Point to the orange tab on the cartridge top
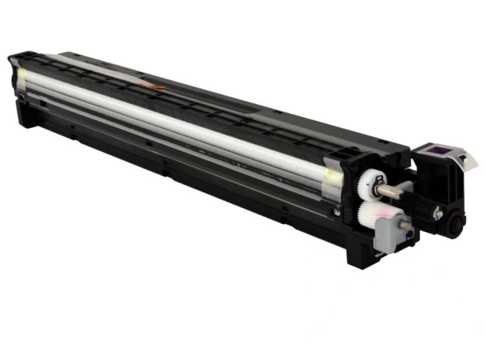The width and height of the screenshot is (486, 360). click(153, 85)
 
